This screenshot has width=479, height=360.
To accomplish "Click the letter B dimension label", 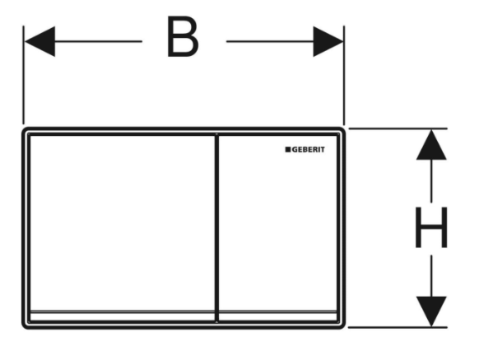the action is pyautogui.click(x=183, y=37).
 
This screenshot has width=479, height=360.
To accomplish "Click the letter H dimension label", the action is pyautogui.click(x=431, y=227).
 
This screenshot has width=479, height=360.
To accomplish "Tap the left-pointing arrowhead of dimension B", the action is pyautogui.click(x=40, y=41).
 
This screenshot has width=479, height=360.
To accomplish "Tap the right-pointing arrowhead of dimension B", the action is pyautogui.click(x=328, y=41).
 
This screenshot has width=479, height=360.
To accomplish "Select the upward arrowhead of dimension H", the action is pyautogui.click(x=431, y=145).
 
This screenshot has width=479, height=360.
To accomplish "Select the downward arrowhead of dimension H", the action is pyautogui.click(x=431, y=311).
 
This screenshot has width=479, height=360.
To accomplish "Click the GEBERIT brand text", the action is pyautogui.click(x=309, y=150).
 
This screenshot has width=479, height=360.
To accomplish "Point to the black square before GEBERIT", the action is pyautogui.click(x=288, y=150).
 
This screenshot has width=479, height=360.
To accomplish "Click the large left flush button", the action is pyautogui.click(x=122, y=222).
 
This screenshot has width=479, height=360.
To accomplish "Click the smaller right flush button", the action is pyautogui.click(x=278, y=222).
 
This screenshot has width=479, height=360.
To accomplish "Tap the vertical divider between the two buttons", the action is pyautogui.click(x=217, y=228).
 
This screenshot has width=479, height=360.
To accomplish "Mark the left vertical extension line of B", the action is pyautogui.click(x=24, y=75).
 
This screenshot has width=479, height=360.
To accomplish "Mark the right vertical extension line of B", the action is pyautogui.click(x=344, y=75).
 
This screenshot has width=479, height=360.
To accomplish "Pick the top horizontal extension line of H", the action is pyautogui.click(x=398, y=129).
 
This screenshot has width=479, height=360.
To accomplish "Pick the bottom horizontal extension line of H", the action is pyautogui.click(x=398, y=327).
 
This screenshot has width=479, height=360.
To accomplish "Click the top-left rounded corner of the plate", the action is pyautogui.click(x=25, y=131).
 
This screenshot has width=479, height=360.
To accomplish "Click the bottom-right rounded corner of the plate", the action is pyautogui.click(x=342, y=325).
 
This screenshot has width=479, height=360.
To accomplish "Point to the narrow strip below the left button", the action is pyautogui.click(x=122, y=316).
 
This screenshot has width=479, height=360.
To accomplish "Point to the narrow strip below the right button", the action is pyautogui.click(x=278, y=316).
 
